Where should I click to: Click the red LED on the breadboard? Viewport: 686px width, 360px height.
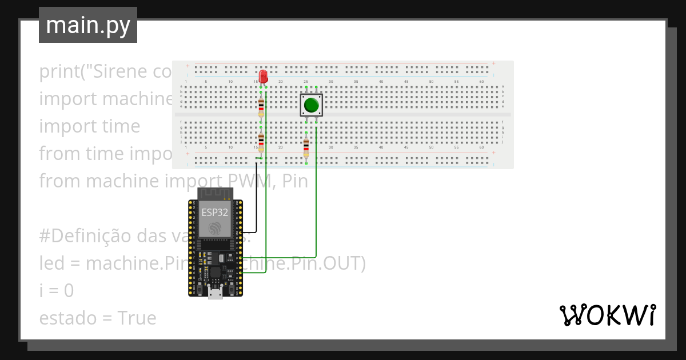point(263,76)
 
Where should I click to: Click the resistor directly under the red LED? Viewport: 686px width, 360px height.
point(261,106)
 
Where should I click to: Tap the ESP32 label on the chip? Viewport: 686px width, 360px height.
point(215,213)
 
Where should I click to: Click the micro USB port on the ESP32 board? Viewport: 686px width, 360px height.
point(216,294)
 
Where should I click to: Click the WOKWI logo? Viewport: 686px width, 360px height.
point(607,315)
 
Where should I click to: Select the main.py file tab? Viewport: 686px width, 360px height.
point(88,25)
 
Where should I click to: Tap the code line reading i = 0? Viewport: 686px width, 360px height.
point(56,291)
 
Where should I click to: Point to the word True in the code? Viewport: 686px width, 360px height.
point(137,318)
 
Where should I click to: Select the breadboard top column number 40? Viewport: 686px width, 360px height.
point(381,82)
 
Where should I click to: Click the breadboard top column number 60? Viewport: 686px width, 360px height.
point(482,82)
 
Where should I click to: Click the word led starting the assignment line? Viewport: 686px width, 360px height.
point(53,263)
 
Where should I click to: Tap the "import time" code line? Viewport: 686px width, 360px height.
point(89,126)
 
